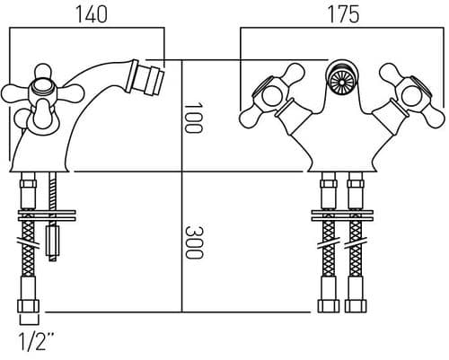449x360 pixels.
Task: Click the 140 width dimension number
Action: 92,14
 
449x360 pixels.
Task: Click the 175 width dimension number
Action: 344,14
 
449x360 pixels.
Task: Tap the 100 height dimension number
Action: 193,118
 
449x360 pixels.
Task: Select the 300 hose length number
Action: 194,242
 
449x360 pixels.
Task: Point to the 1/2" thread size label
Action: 37,342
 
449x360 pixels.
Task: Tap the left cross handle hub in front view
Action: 273,97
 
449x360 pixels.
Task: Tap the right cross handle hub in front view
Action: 410,97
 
